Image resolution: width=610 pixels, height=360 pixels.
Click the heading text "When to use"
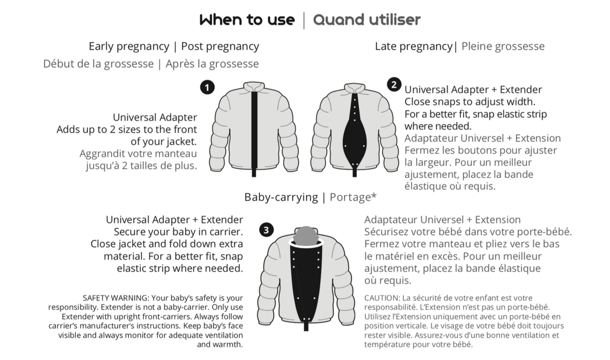247,20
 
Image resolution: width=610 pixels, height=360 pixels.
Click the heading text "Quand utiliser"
367,20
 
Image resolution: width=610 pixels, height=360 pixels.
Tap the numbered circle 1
207,87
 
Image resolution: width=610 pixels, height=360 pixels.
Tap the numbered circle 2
394,84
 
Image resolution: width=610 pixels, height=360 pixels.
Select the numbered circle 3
266,229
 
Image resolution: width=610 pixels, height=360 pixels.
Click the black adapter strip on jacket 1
254,134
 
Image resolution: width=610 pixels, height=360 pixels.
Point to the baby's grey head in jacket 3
306,235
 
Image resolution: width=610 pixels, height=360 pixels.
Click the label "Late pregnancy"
414,46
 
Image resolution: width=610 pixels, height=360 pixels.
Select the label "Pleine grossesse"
503,46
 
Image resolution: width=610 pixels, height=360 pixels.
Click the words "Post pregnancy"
220,46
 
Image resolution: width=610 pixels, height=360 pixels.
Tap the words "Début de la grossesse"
99,63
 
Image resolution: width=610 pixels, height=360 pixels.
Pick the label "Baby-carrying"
281,197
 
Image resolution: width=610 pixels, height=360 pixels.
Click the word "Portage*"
353,197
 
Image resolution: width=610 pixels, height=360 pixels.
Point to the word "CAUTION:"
382,298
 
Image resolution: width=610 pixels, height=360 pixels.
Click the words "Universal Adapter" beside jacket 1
155,117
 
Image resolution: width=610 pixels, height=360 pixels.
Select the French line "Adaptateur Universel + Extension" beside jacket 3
442,220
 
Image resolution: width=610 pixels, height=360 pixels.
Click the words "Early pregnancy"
129,46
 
